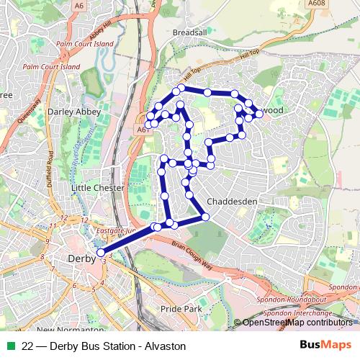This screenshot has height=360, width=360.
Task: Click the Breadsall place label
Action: tap(189, 32)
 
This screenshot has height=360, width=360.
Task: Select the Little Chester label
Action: tap(98, 187)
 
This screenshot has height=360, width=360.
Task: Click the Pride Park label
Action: tap(180, 308)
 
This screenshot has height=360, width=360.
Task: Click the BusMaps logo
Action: tap(325, 346)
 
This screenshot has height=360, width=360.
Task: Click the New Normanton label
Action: tap(65, 329)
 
